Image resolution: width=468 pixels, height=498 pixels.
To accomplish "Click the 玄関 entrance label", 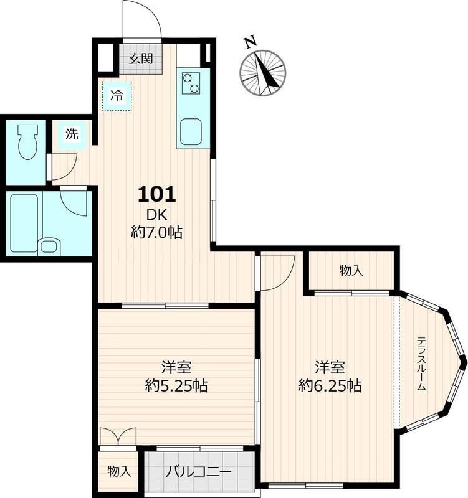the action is tap(141, 59).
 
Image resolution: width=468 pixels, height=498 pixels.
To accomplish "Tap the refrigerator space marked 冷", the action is tap(117, 96).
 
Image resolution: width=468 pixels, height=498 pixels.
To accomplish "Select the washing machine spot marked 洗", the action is tap(72, 134).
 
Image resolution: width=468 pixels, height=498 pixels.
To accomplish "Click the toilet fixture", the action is tap(27, 141).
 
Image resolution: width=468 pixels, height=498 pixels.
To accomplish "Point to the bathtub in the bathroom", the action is tap(24, 223).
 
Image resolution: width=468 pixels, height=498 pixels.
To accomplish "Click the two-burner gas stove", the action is tap(191, 83).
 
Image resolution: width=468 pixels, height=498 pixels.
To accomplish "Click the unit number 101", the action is tap(157, 194).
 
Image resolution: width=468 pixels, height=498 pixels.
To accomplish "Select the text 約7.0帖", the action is tap(157, 233).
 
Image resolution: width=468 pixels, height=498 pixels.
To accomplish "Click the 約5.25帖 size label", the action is tap(176, 386).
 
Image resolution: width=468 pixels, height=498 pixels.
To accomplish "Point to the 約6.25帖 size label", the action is tap(330, 386).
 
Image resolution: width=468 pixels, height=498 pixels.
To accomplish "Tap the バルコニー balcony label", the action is tap(198, 472).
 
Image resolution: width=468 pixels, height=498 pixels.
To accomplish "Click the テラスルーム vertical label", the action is tap(421, 364).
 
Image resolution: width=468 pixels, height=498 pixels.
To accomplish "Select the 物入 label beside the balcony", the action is tap(119, 471).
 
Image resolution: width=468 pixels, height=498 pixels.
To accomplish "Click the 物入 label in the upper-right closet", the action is tap(351, 271).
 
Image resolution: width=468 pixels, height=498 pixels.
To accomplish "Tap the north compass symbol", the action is tap(263, 73).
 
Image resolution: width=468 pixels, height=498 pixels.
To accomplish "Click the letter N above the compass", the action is tap(251, 42).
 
